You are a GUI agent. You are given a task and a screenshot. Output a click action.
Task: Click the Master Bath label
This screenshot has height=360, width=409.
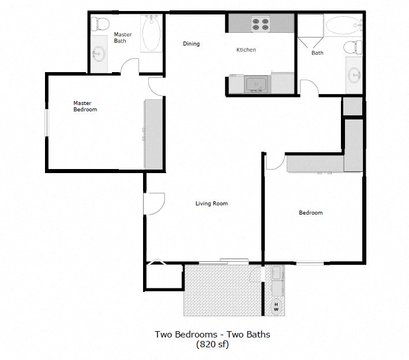click(122, 37)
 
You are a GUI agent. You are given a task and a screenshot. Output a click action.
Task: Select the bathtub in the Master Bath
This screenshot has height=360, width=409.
click(152, 34)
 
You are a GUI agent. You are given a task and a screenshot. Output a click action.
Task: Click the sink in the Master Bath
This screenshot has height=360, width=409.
click(98, 55)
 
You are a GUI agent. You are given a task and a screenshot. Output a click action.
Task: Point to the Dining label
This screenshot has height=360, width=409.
click(191, 44)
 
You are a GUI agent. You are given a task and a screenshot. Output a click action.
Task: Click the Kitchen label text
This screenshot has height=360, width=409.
click(246, 50)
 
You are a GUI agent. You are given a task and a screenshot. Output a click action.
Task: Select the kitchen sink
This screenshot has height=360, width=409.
click(256, 84)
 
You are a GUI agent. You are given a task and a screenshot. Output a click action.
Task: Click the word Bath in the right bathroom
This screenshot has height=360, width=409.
click(317, 53)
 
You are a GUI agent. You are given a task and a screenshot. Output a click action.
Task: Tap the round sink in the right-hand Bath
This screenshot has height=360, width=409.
click(354, 74)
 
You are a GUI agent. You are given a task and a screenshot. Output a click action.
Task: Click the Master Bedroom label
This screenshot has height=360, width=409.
click(85, 106)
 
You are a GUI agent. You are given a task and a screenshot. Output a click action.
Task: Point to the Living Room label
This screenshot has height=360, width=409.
click(211, 203)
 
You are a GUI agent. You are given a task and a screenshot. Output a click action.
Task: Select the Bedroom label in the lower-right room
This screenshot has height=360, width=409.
click(310, 213)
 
